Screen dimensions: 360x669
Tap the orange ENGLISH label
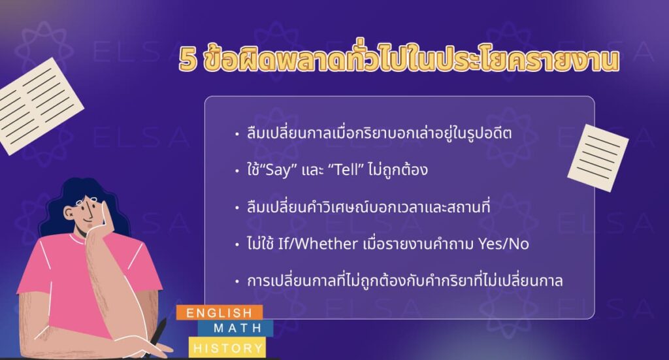click(x=219, y=312)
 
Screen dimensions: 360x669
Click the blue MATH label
click(x=238, y=327)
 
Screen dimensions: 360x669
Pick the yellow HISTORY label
click(x=227, y=348)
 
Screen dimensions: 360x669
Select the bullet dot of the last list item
click(x=237, y=282)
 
